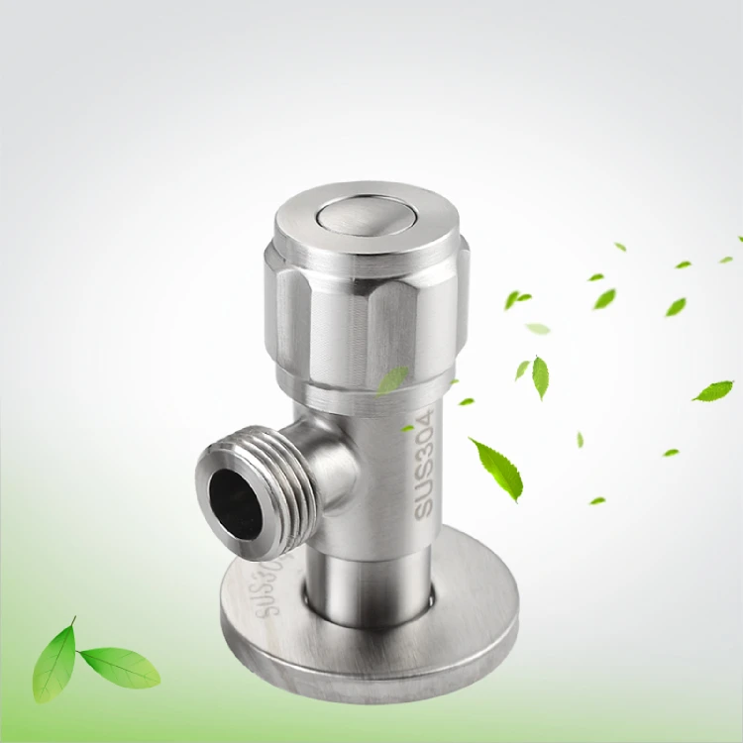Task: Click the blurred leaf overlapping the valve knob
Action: (x=392, y=379)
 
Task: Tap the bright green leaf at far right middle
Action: (x=713, y=390)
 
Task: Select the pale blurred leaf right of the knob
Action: (x=538, y=328)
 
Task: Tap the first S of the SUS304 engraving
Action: (x=424, y=507)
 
